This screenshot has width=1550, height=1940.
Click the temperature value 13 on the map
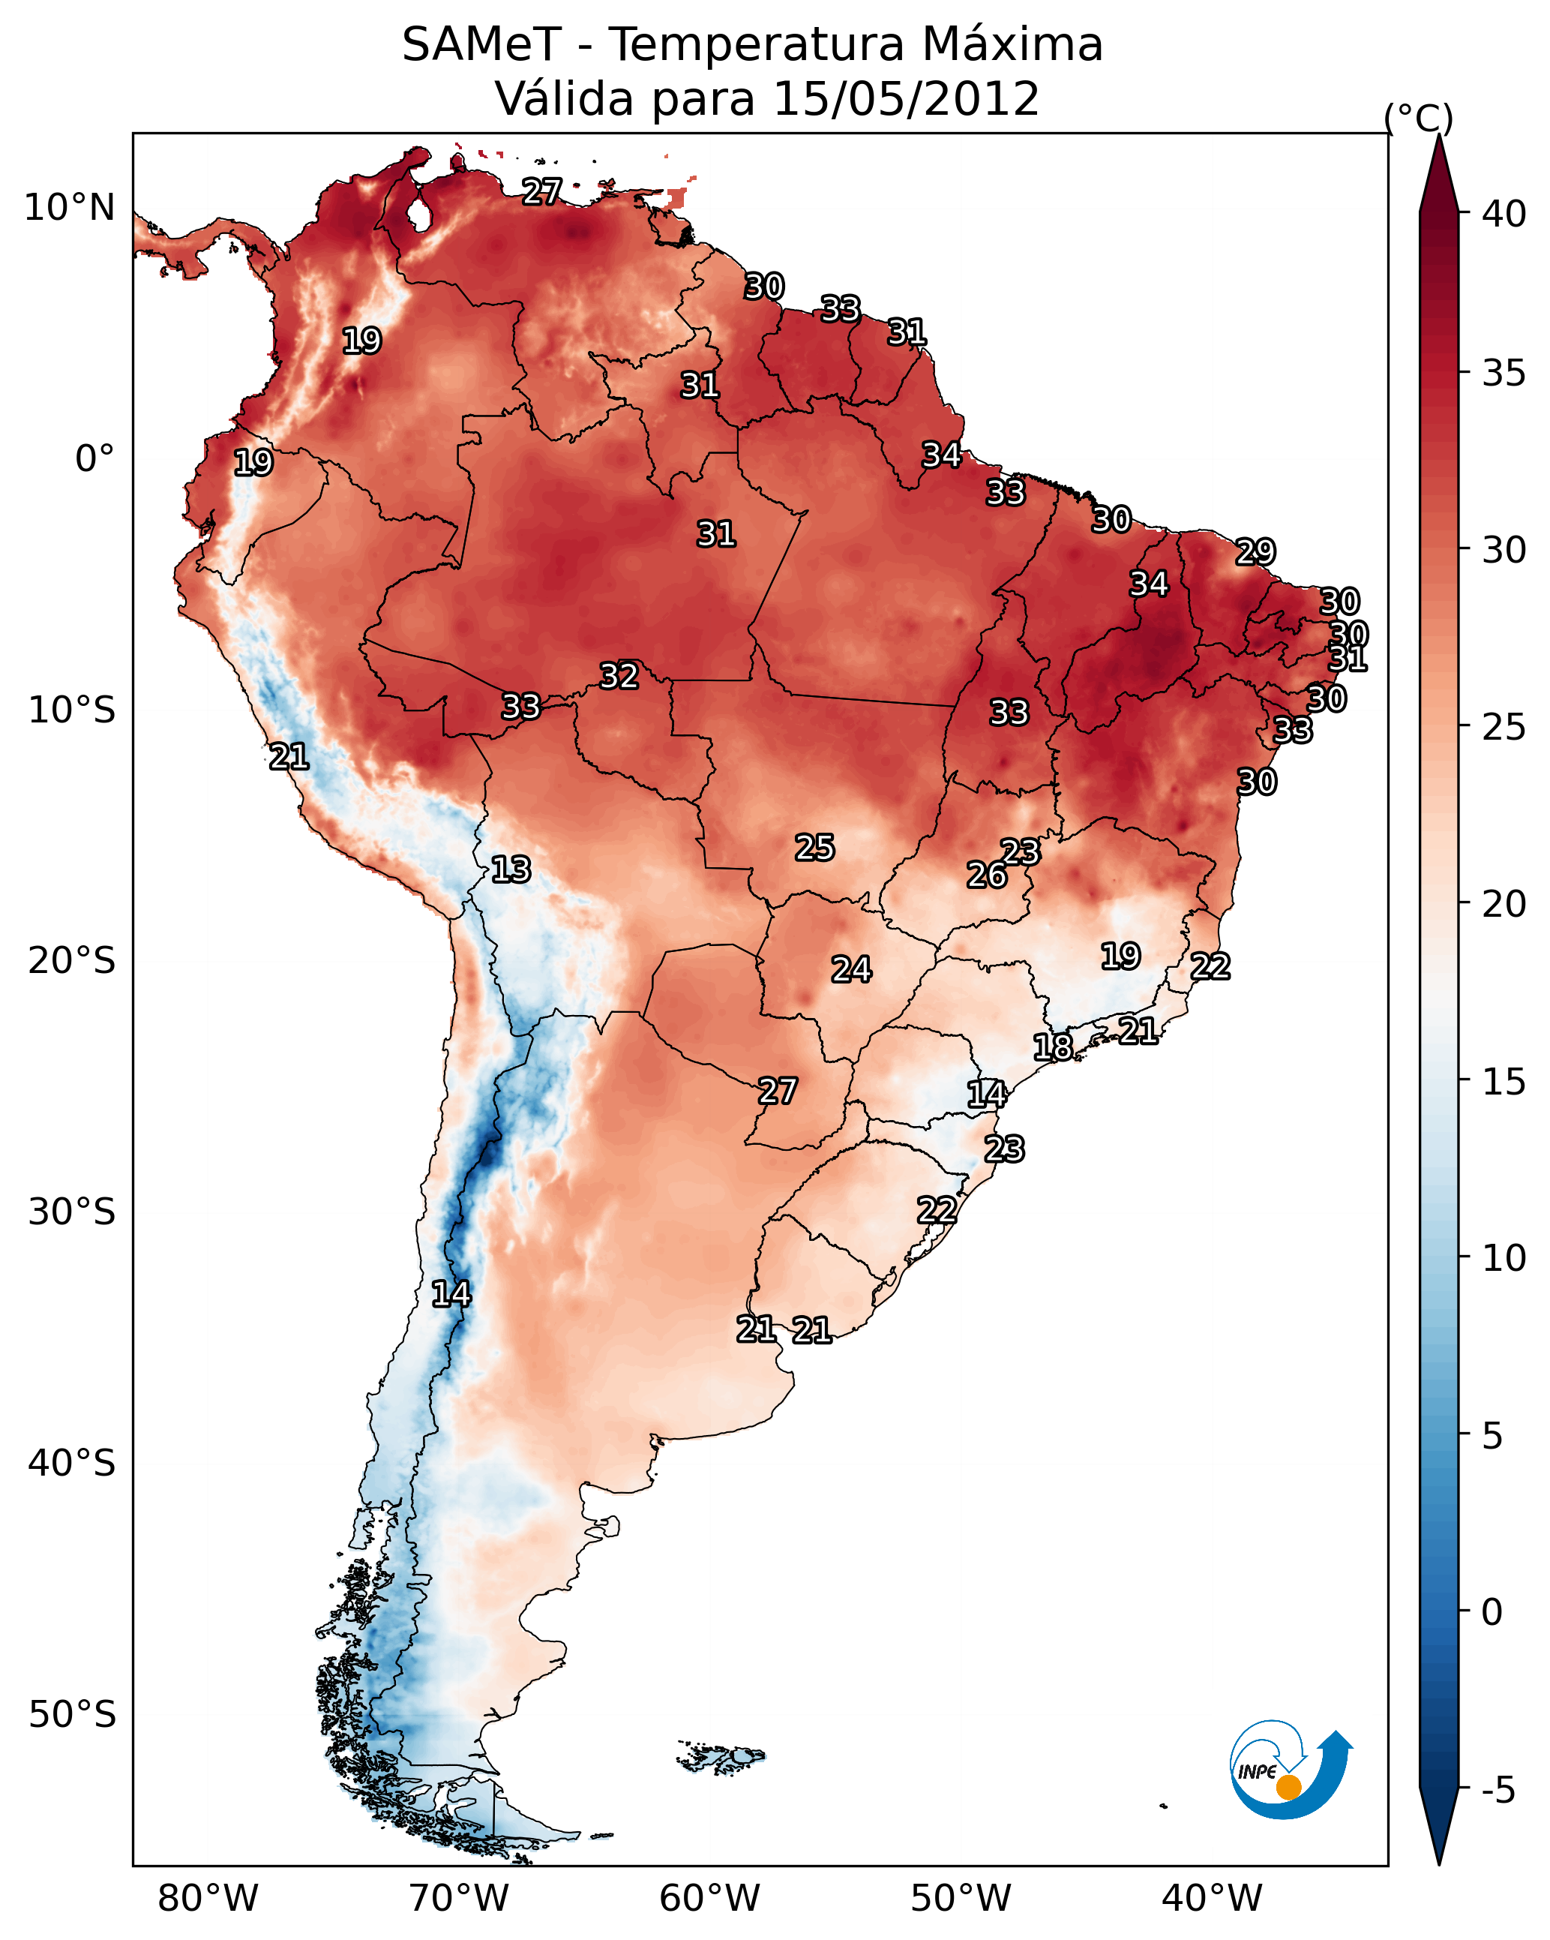click(511, 870)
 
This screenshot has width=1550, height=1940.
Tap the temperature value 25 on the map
click(815, 848)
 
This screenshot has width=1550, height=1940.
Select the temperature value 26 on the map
click(987, 875)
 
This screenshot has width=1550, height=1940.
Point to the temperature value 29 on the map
click(1256, 551)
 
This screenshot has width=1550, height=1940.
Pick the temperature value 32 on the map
click(619, 676)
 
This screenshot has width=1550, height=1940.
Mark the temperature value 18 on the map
click(1053, 1047)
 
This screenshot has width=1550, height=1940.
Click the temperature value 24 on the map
click(851, 970)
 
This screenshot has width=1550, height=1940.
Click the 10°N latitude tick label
click(69, 208)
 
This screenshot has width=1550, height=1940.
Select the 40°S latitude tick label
click(72, 1463)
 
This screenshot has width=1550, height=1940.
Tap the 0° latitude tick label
click(95, 459)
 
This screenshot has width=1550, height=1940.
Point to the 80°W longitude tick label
click(208, 1899)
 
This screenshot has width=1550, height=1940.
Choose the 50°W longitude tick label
click(961, 1899)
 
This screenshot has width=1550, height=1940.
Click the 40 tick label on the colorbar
click(1504, 214)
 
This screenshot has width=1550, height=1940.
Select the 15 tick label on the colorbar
click(1504, 1082)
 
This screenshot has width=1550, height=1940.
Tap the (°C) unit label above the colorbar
click(1419, 118)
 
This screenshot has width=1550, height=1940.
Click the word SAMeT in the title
click(481, 45)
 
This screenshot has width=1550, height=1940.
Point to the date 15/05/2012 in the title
click(906, 99)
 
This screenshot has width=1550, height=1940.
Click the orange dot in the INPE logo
click(1289, 1787)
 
